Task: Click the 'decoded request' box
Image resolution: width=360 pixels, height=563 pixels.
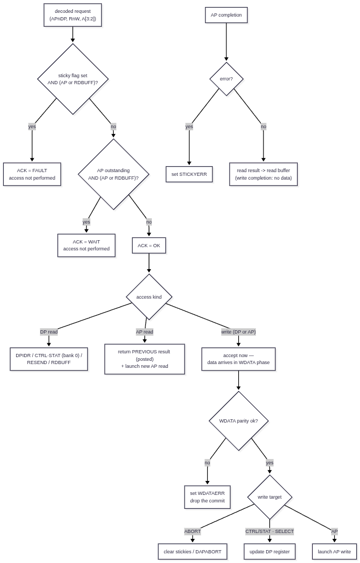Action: pyautogui.click(x=72, y=15)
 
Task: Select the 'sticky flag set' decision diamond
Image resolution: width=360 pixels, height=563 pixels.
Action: pyautogui.click(x=73, y=79)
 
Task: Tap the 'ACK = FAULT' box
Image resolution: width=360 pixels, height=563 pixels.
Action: pyautogui.click(x=32, y=174)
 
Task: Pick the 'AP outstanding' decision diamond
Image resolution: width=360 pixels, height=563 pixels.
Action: pyautogui.click(x=114, y=174)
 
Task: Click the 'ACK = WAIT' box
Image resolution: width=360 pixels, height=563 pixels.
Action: pyautogui.click(x=86, y=245)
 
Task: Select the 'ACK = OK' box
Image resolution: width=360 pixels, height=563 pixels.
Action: pyautogui.click(x=149, y=246)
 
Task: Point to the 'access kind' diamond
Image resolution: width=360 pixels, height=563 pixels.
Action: pyautogui.click(x=149, y=297)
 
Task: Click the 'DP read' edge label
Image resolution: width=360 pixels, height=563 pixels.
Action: pyautogui.click(x=49, y=332)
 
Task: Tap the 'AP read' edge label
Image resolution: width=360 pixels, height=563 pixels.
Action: pyautogui.click(x=144, y=332)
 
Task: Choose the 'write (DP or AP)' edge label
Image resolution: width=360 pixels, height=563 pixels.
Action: pyautogui.click(x=239, y=332)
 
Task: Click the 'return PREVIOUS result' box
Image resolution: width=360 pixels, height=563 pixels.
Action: pyautogui.click(x=145, y=359)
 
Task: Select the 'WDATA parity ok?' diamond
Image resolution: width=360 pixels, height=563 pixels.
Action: pyautogui.click(x=239, y=421)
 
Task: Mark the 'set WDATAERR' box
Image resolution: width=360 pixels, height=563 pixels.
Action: pyautogui.click(x=207, y=497)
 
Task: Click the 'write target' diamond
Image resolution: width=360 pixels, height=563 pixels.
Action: pyautogui.click(x=270, y=497)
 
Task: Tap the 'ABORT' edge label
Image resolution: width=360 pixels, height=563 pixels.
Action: pyautogui.click(x=193, y=531)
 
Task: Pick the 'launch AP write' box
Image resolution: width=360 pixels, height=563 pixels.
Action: pyautogui.click(x=334, y=552)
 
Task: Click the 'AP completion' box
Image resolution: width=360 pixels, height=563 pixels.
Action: pyautogui.click(x=226, y=15)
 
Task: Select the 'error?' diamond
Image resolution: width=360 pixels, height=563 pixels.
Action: pyautogui.click(x=226, y=79)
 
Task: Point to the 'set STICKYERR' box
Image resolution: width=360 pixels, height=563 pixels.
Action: pyautogui.click(x=189, y=174)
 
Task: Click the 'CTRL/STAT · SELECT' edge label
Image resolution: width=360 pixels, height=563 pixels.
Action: pyautogui.click(x=270, y=531)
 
